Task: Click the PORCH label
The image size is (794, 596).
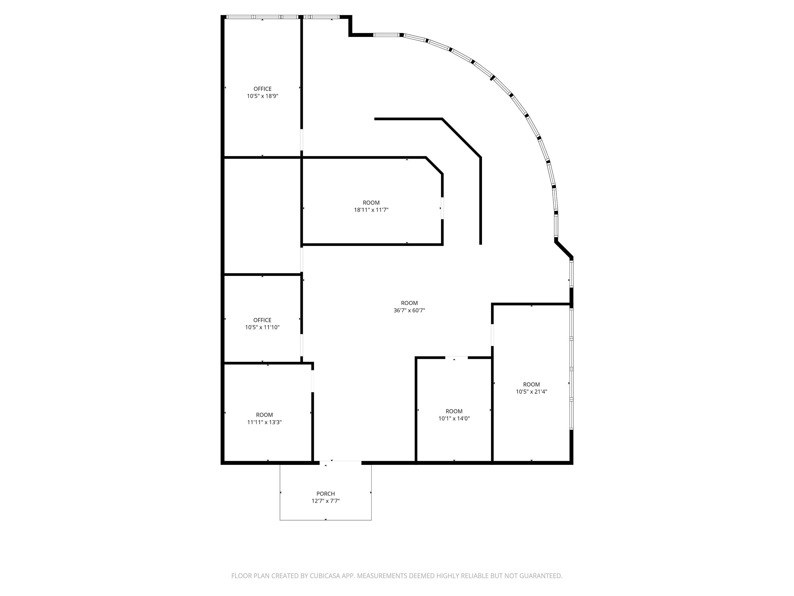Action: pos(326,493)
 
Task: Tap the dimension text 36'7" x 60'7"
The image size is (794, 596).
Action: pos(409,311)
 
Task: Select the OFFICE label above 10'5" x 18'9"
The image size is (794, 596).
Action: pos(262,89)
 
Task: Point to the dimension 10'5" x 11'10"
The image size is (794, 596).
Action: pos(262,327)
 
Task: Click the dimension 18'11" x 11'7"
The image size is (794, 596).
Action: pos(371,210)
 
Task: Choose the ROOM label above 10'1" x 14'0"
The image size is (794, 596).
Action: pos(454,411)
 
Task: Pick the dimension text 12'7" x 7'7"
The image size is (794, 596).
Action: pos(326,501)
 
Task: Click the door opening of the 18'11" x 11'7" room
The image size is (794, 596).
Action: pos(442,208)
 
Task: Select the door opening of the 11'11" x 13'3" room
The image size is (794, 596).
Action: pos(313,381)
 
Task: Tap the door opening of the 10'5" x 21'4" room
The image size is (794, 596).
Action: pos(492,335)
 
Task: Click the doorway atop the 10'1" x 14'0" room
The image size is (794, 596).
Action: pos(457,358)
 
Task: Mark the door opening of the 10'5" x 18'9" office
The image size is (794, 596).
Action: pos(302,140)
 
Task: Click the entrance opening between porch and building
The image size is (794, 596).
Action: pos(340,462)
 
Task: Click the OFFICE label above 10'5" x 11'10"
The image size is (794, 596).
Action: pos(262,320)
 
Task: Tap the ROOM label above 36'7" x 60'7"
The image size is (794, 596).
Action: pos(409,303)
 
